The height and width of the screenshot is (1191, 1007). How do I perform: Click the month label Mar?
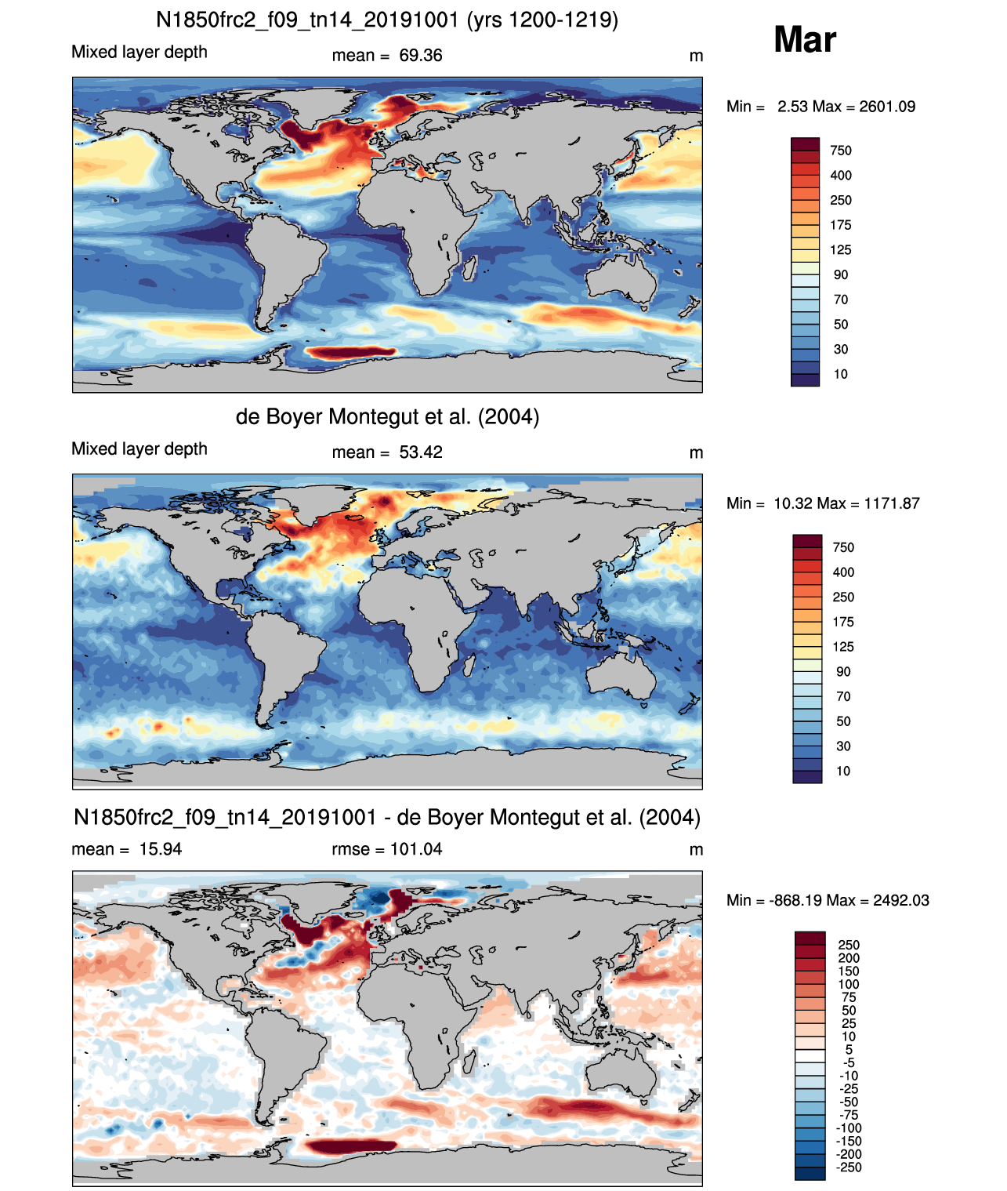tap(805, 39)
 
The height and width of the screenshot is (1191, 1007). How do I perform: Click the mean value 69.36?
tap(421, 56)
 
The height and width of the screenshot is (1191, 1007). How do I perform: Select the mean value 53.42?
tap(421, 452)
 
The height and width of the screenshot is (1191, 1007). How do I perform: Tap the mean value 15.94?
tap(161, 849)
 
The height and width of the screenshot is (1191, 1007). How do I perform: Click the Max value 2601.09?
tap(887, 107)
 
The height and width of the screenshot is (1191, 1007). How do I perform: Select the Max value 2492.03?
tap(901, 900)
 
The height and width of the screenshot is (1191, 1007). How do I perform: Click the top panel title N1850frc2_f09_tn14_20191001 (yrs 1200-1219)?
tap(387, 20)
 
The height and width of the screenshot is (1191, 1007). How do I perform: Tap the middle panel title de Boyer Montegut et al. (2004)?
tap(387, 416)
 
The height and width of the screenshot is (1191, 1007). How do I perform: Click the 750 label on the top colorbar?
tap(841, 151)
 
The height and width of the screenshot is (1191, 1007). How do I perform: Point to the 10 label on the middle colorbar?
tap(843, 771)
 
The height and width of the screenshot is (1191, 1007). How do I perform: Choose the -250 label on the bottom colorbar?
tap(849, 1167)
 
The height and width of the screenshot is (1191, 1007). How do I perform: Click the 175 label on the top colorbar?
tap(841, 225)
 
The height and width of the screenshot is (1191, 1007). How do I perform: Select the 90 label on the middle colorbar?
tap(843, 671)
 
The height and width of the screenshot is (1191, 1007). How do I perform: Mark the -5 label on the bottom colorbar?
tap(849, 1062)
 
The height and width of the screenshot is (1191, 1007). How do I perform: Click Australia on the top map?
tap(622, 278)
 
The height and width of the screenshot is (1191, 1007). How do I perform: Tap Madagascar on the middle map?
tap(470, 665)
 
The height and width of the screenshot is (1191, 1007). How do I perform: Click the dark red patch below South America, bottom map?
tap(351, 1146)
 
